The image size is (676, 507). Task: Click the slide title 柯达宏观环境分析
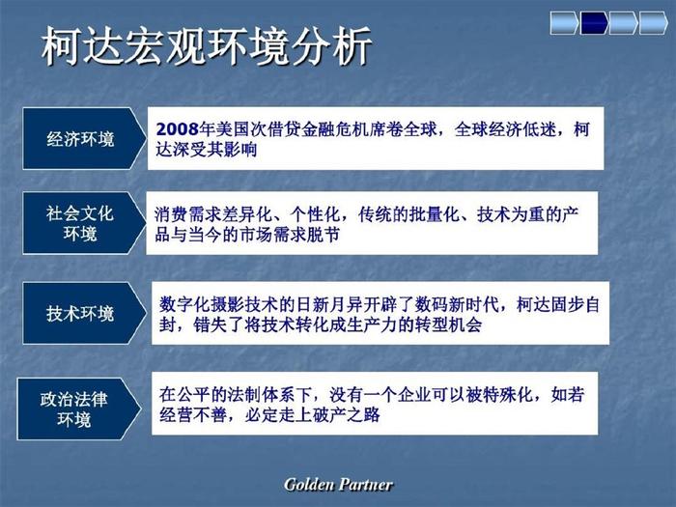click(x=206, y=45)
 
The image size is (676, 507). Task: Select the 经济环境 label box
click(x=84, y=138)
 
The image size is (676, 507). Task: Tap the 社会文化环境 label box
click(x=84, y=223)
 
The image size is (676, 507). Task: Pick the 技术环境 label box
click(x=84, y=313)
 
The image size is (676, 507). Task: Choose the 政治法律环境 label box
click(x=78, y=408)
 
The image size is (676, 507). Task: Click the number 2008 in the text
click(x=177, y=128)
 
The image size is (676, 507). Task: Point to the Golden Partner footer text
click(x=338, y=485)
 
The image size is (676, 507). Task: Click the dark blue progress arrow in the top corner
click(x=594, y=23)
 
